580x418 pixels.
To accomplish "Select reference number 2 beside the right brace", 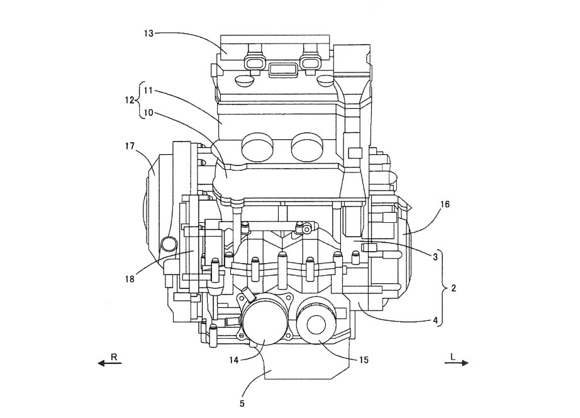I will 453,289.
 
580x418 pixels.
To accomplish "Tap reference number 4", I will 435,320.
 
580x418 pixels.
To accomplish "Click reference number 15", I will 364,361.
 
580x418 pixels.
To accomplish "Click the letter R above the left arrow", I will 114,356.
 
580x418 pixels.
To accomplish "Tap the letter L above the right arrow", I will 452,356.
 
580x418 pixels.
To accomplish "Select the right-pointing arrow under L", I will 456,363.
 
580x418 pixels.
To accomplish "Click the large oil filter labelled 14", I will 263,321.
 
